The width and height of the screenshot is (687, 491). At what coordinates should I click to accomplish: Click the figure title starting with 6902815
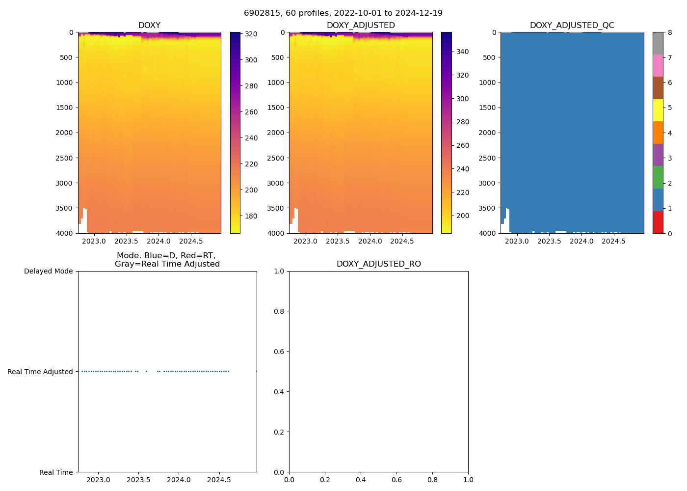[343, 13]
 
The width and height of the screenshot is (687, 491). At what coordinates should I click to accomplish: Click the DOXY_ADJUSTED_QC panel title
[572, 26]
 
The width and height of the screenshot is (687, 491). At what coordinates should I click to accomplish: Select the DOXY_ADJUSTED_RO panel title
[378, 264]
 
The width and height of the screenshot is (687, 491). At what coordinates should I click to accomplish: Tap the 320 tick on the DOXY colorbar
[251, 34]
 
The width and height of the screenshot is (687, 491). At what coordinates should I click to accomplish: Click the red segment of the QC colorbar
[658, 222]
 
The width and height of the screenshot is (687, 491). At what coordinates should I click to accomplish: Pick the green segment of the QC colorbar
[658, 177]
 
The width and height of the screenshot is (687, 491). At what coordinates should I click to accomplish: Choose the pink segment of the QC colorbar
[658, 65]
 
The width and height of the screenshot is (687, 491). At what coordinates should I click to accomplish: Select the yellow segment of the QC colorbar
[658, 110]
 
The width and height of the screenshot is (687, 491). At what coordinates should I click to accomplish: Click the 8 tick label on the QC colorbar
[670, 33]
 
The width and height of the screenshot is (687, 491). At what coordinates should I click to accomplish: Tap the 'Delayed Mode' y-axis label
[48, 272]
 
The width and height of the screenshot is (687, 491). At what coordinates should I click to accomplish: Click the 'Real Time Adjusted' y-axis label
[40, 372]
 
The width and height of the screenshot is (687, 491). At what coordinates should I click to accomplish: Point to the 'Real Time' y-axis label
[56, 472]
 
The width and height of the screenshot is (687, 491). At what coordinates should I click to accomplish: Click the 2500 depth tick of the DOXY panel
[65, 158]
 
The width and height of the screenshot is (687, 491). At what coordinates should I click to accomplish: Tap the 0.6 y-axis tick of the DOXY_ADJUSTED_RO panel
[280, 352]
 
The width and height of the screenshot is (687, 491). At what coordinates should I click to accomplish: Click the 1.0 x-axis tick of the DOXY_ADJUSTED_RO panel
[468, 480]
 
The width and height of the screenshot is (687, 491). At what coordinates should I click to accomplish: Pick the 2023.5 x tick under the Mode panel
[138, 480]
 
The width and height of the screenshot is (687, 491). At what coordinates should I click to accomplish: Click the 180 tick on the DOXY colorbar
[251, 216]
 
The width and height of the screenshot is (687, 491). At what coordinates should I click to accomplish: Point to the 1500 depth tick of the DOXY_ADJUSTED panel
[276, 108]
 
